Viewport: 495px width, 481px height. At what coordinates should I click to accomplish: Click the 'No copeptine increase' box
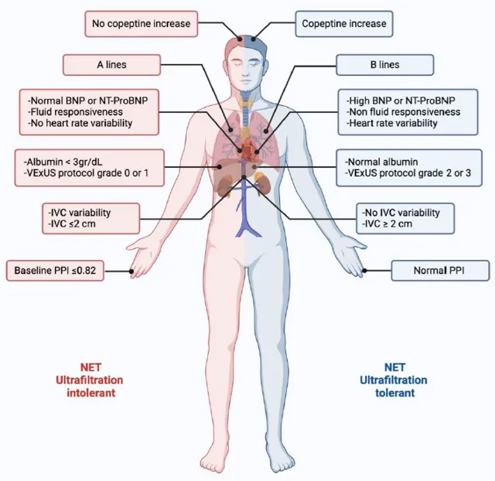[141, 24]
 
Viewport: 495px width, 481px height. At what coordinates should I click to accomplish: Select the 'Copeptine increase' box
[344, 24]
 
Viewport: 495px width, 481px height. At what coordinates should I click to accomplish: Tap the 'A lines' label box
[111, 65]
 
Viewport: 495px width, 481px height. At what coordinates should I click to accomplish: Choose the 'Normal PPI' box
[440, 271]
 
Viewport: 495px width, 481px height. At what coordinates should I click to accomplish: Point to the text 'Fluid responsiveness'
[80, 111]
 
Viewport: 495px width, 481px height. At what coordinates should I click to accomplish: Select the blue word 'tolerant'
[397, 392]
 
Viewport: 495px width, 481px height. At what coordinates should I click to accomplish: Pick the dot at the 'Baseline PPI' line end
[133, 271]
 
